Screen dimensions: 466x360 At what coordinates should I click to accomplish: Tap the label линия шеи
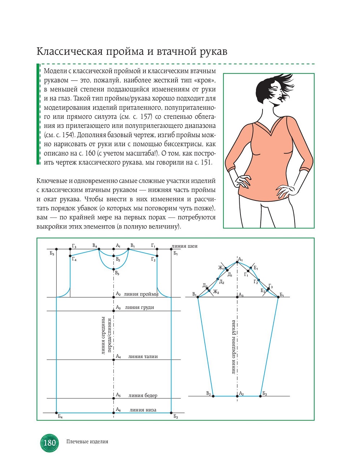pos(185,246)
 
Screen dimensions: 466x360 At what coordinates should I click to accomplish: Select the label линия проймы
pos(141,294)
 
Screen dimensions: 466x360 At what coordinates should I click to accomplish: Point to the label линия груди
pos(139,308)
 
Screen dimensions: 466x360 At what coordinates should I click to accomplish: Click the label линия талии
pos(143,357)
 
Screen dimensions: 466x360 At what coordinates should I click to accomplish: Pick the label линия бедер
pos(143,396)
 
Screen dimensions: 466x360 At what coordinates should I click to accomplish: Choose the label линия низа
pos(143,410)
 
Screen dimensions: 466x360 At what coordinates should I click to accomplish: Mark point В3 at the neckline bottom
pos(114,269)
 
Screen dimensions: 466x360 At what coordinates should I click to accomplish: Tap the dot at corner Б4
pos(57,413)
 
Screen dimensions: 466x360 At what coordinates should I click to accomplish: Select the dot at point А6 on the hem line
pos(114,413)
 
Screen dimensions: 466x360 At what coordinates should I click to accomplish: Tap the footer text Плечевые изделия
pos(87,441)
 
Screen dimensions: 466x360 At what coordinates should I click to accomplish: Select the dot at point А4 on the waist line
pos(114,360)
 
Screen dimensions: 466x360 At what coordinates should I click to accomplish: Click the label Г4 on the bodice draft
pos(74,259)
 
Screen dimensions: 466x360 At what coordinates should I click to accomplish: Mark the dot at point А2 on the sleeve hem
pos(237,396)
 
